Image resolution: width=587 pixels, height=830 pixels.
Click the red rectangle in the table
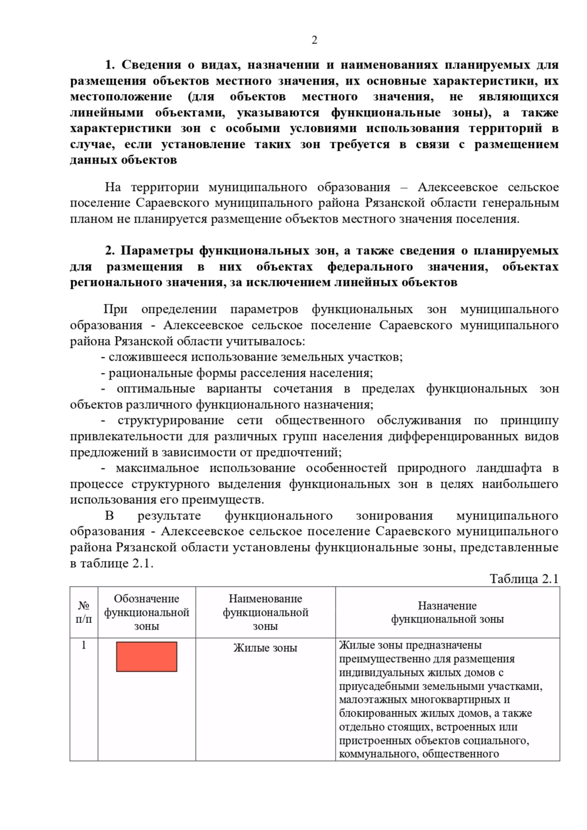pyautogui.click(x=146, y=656)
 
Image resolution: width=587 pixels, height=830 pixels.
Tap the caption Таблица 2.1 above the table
pyautogui.click(x=524, y=579)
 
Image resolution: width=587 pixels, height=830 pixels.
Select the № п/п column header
pyautogui.click(x=84, y=612)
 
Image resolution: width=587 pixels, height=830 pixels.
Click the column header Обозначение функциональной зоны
pyautogui.click(x=146, y=612)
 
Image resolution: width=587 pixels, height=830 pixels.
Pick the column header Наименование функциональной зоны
pyautogui.click(x=265, y=612)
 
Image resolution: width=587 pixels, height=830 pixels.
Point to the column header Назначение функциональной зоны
pyautogui.click(x=447, y=612)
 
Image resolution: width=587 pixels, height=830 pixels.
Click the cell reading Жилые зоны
pyautogui.click(x=265, y=648)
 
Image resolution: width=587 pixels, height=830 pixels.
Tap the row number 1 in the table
pyautogui.click(x=84, y=645)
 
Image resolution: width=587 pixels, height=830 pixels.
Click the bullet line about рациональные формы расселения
pyautogui.click(x=237, y=373)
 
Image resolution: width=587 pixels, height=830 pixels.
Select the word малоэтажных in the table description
pyautogui.click(x=367, y=699)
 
